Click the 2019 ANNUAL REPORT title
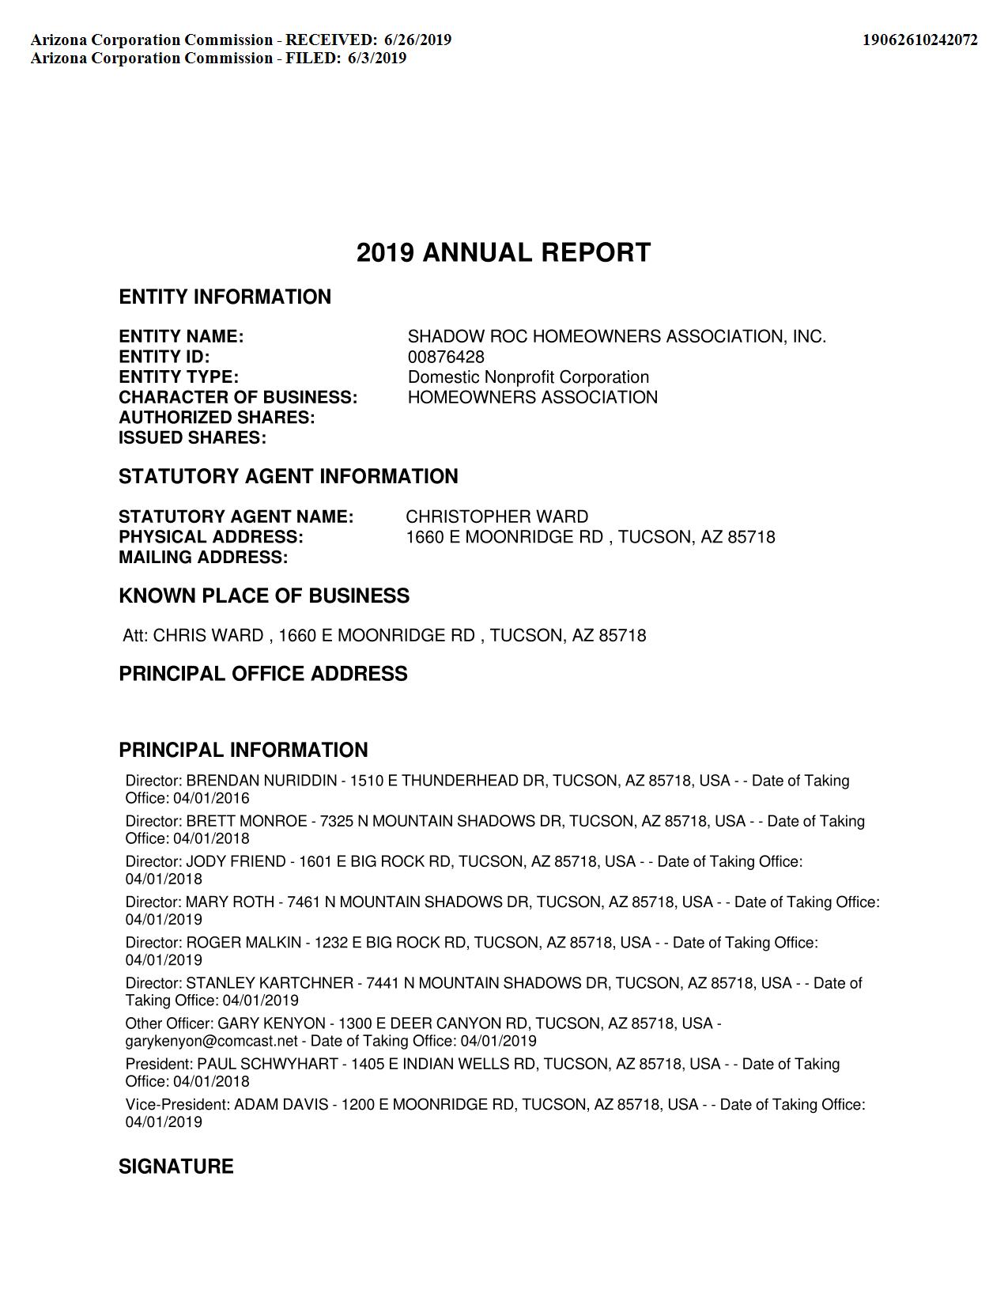coord(504,253)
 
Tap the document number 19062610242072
coord(919,40)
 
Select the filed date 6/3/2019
coord(377,58)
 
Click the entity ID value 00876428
coord(446,357)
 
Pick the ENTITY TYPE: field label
coord(179,377)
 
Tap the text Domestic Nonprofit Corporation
coord(528,377)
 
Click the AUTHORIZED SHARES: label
coord(217,418)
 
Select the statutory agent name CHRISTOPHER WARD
coord(496,517)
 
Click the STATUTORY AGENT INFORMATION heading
coord(289,477)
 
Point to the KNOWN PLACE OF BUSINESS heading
coord(264,596)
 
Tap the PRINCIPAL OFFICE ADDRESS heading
coord(263,674)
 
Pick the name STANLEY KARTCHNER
coord(270,983)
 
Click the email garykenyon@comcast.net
coord(212,1042)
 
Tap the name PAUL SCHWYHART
coord(267,1065)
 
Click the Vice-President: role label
coord(178,1105)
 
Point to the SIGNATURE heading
coord(176,1167)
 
